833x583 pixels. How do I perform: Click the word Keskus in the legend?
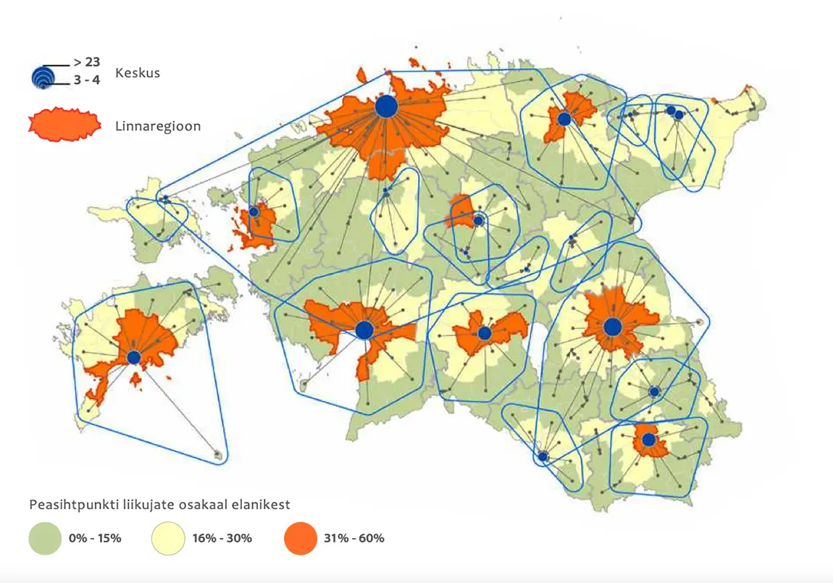point(137,73)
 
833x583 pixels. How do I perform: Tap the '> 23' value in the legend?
point(86,62)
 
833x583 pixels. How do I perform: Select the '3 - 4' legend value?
point(86,80)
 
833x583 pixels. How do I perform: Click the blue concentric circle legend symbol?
point(43,77)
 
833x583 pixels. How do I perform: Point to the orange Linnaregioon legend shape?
point(64,125)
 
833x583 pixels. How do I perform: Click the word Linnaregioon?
point(157,126)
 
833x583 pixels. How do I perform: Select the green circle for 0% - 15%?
point(45,539)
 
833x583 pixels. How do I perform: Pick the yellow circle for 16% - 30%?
point(168,539)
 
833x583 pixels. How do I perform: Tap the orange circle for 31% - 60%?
point(301,539)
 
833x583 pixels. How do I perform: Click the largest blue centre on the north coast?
point(387,107)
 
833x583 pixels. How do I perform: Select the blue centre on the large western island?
point(134,357)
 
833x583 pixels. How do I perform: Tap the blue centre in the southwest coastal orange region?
point(364,330)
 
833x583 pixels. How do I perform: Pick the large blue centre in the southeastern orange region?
point(613,327)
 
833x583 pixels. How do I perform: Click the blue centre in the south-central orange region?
point(485,333)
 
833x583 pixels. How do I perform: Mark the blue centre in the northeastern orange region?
point(564,118)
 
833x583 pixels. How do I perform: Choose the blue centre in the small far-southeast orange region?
point(649,440)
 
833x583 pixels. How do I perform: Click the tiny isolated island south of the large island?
point(218,456)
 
